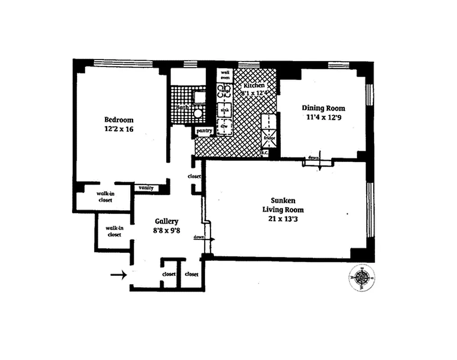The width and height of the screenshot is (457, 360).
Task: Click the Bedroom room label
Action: click(x=119, y=120)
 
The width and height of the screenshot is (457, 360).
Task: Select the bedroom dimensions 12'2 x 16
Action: click(x=119, y=129)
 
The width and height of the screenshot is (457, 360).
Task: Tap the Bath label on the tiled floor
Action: click(x=183, y=108)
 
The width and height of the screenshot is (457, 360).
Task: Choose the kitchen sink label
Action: click(x=224, y=109)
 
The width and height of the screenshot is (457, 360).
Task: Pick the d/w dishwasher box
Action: click(x=224, y=126)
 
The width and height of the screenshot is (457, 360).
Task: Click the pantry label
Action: click(x=203, y=131)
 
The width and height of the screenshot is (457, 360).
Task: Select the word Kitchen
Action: click(x=254, y=85)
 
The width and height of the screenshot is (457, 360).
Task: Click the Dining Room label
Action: click(x=323, y=108)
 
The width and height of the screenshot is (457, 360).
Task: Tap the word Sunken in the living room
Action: click(x=283, y=201)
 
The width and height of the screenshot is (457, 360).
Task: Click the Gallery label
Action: click(x=166, y=221)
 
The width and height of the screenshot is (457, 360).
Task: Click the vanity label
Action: click(x=147, y=188)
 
